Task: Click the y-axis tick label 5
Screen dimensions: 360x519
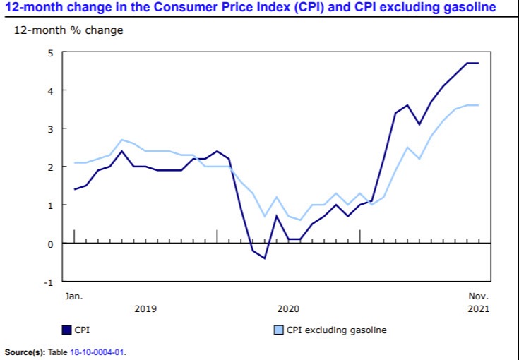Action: [50, 52]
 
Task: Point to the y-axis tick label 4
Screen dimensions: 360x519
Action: [50, 90]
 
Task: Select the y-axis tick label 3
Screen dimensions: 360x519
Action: [50, 128]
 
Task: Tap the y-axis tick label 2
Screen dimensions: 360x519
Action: [50, 167]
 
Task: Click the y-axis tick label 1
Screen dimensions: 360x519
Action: [50, 205]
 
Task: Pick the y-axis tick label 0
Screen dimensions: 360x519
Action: [50, 244]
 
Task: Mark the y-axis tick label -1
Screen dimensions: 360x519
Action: [48, 282]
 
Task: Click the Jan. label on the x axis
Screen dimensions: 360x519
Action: [73, 296]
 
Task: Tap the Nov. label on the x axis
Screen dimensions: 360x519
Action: [478, 296]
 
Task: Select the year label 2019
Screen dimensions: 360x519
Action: [145, 309]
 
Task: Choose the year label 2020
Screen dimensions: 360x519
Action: [288, 309]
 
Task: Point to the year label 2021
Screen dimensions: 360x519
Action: [477, 309]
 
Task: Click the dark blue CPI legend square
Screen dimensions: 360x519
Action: [67, 330]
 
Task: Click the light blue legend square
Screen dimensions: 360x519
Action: [278, 330]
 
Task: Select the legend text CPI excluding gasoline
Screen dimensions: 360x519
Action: [336, 330]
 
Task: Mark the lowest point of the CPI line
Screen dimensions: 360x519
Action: [264, 258]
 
